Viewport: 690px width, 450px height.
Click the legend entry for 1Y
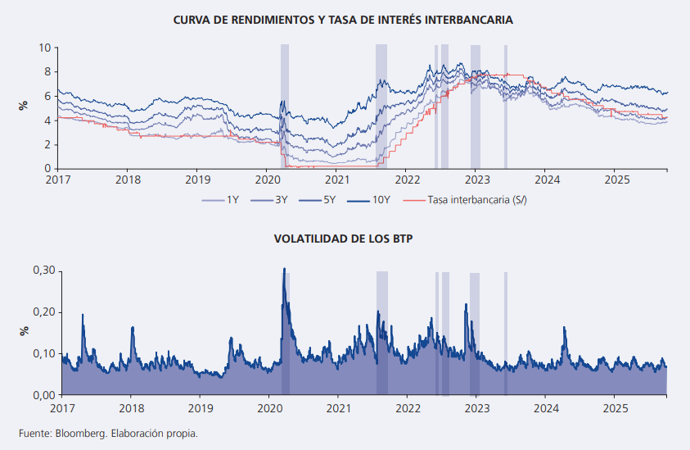pyautogui.click(x=232, y=198)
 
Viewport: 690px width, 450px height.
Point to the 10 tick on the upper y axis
pyautogui.click(x=45, y=48)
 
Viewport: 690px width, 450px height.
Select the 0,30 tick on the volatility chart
pyautogui.click(x=42, y=270)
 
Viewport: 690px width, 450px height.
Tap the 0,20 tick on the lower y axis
pyautogui.click(x=42, y=312)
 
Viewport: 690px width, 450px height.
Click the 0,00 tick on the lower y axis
pyautogui.click(x=42, y=395)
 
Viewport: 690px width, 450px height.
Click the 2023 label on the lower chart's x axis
pyautogui.click(x=477, y=407)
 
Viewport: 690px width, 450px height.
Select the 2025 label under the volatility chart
pyautogui.click(x=616, y=407)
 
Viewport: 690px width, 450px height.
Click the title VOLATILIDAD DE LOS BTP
pyautogui.click(x=345, y=240)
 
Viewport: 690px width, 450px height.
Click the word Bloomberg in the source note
pyautogui.click(x=77, y=433)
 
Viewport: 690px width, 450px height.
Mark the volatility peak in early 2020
pyautogui.click(x=284, y=269)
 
